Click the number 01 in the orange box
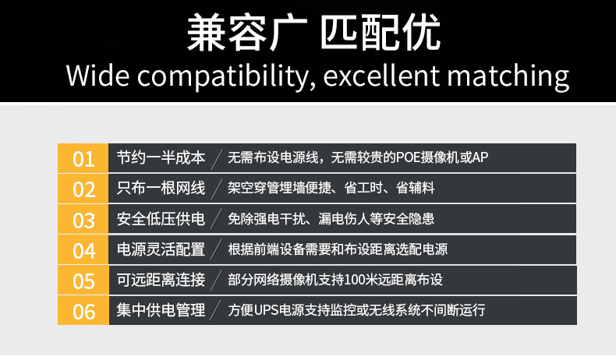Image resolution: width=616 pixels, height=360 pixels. (83, 159)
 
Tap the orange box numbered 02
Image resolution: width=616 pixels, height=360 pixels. (83, 189)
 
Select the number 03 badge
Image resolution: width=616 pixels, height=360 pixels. (83, 220)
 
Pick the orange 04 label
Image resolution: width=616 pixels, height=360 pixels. (83, 250)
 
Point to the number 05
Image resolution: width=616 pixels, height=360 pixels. (83, 281)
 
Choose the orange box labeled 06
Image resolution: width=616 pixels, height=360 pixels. (83, 312)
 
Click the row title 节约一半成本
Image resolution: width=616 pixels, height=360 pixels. (161, 158)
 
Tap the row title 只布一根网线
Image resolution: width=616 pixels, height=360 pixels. (161, 188)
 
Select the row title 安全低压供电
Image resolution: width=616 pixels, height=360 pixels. (161, 219)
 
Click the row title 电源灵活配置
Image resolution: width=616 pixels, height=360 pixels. (161, 249)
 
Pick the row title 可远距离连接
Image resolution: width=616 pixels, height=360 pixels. (161, 280)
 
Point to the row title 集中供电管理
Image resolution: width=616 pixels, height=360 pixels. (161, 310)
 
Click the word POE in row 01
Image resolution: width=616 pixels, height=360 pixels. (408, 158)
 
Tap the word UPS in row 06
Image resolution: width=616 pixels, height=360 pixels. (266, 311)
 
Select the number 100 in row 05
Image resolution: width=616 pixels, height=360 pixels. (354, 280)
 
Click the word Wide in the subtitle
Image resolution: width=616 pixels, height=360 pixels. (97, 75)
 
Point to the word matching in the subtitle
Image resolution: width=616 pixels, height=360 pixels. (508, 76)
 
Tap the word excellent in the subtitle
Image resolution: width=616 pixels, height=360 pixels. (381, 75)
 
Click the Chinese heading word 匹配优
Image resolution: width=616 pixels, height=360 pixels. (380, 32)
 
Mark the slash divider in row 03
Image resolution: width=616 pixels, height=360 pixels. (216, 220)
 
